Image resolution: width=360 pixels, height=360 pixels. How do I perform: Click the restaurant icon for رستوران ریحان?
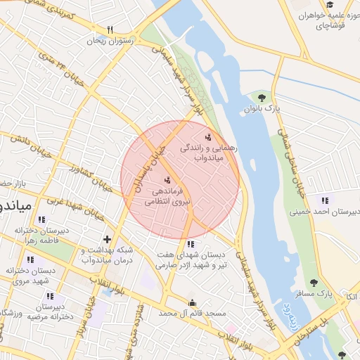(x=110, y=30)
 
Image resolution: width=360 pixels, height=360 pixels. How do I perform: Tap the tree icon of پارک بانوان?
(x=262, y=98)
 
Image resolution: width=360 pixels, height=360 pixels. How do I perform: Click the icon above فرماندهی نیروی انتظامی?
(x=167, y=179)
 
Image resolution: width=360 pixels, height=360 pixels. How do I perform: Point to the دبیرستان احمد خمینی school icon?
(x=324, y=200)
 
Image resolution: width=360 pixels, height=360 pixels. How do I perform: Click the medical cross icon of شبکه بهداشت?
(x=107, y=239)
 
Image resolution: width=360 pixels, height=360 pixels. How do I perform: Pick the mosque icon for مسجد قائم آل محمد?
(x=191, y=304)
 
